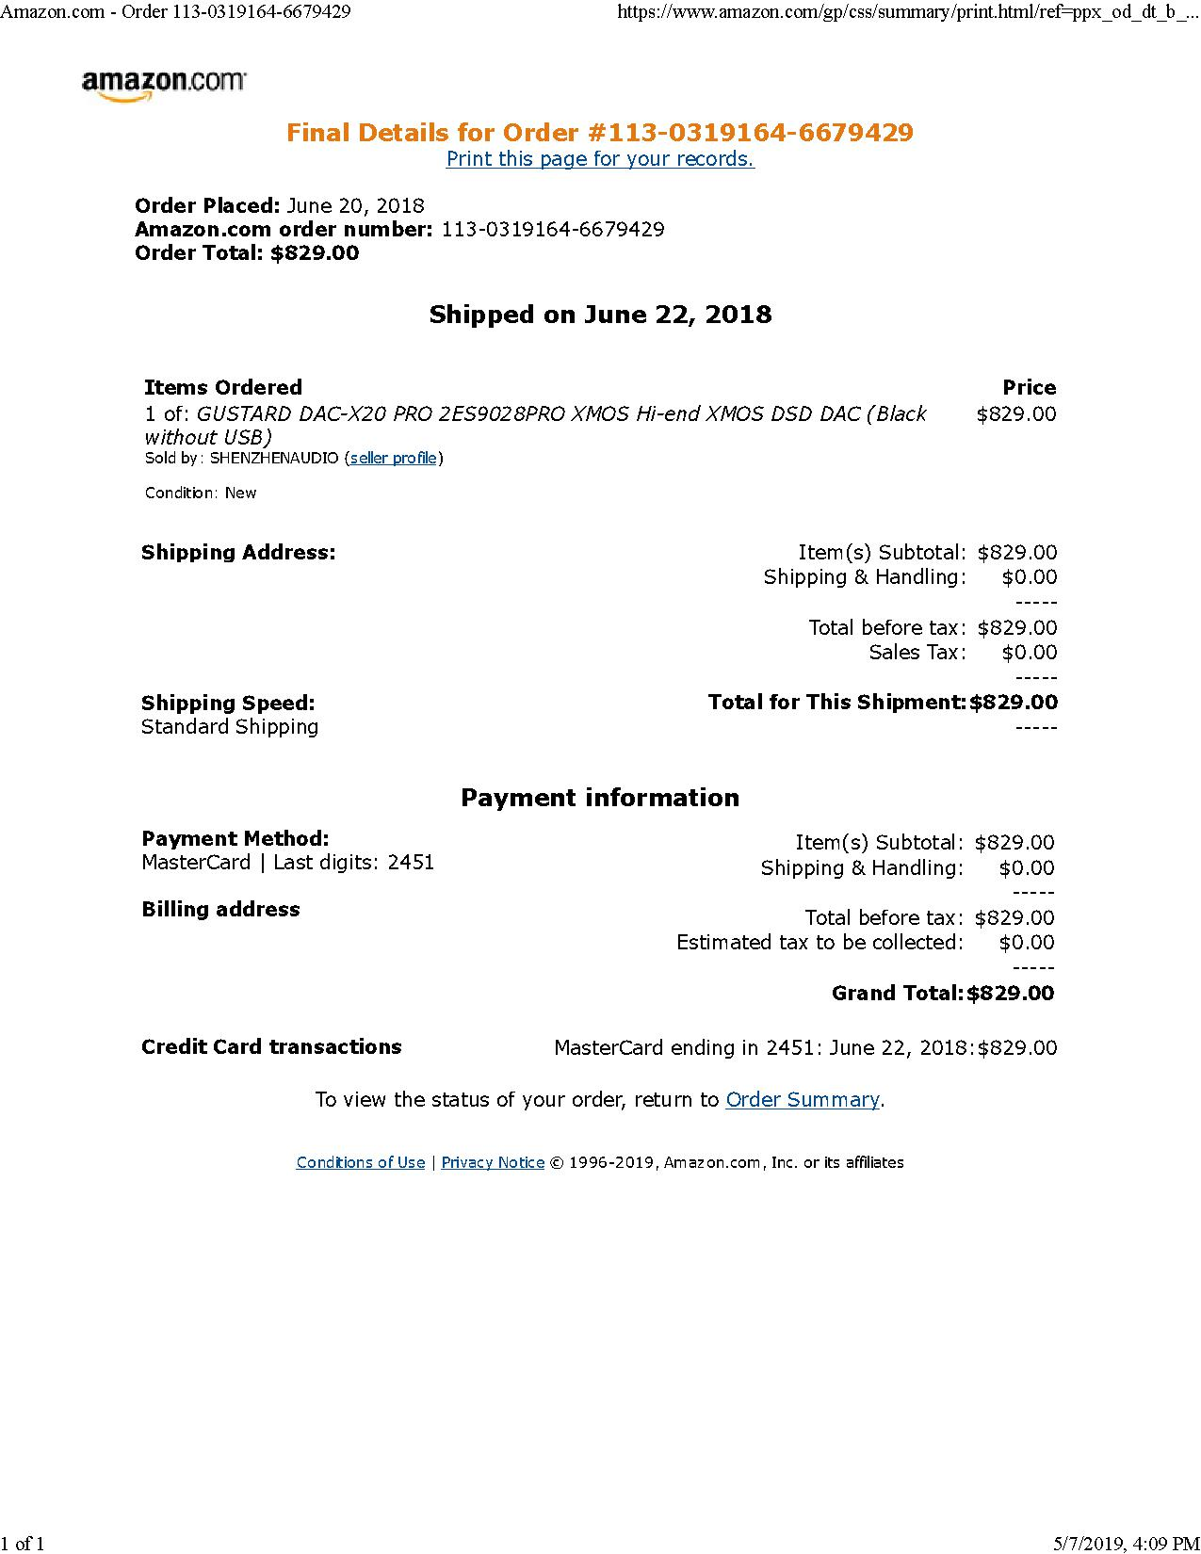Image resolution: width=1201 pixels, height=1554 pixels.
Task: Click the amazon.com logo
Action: point(164,84)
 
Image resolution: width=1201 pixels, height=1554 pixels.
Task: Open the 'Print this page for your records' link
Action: point(600,159)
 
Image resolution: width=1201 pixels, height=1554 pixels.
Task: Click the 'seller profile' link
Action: point(393,459)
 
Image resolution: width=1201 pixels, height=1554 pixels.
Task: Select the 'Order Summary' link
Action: point(803,1100)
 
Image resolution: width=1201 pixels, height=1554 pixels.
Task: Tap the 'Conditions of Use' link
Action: point(361,1163)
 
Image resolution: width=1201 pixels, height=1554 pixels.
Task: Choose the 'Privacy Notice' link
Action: point(493,1163)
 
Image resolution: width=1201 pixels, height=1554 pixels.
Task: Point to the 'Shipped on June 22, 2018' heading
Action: point(600,315)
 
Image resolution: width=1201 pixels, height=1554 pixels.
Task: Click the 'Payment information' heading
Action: point(600,798)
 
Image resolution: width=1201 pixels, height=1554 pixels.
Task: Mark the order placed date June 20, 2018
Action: point(355,206)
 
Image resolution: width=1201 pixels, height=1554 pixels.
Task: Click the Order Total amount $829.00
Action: point(315,253)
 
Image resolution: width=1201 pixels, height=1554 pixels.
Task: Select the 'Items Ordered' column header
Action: point(223,388)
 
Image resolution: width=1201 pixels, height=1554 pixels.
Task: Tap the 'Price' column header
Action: point(1029,388)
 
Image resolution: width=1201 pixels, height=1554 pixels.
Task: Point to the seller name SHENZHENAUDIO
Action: point(274,459)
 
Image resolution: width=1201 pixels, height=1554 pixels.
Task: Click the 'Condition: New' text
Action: point(201,494)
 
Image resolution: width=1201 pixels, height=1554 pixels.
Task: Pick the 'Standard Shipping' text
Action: point(230,727)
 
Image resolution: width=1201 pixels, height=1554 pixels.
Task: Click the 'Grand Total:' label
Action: point(898,994)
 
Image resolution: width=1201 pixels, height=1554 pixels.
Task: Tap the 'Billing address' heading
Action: point(220,910)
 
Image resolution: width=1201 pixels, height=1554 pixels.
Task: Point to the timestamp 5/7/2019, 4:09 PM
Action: point(1126,1543)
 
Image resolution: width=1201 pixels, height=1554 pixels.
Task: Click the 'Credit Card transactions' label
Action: point(271,1047)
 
